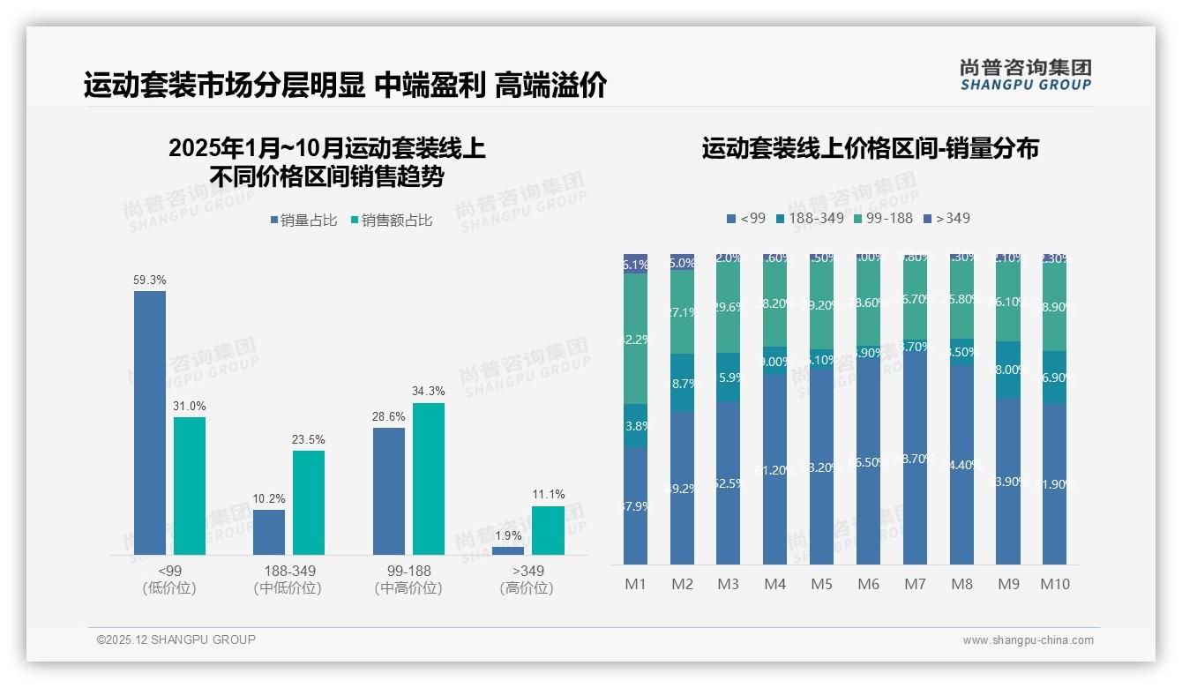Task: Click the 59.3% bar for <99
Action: coord(150,423)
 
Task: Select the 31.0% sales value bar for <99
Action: coord(190,486)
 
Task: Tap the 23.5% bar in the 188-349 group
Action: coord(309,503)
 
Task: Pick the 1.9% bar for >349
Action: coord(508,550)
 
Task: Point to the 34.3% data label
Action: coord(429,391)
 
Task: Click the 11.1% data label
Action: coord(549,494)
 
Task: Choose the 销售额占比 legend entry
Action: coord(392,221)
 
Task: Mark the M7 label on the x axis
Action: coord(915,584)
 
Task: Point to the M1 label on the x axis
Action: coord(635,584)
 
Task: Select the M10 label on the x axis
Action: coord(1054,584)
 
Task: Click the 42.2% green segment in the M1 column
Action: coord(635,339)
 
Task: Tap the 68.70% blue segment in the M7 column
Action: coord(915,459)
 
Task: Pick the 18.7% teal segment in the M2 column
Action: coord(682,384)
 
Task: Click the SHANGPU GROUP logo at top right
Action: coord(1026,75)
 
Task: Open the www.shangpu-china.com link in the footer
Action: coord(1028,640)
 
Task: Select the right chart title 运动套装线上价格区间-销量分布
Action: coord(870,148)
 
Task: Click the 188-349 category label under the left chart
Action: coord(287,572)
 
